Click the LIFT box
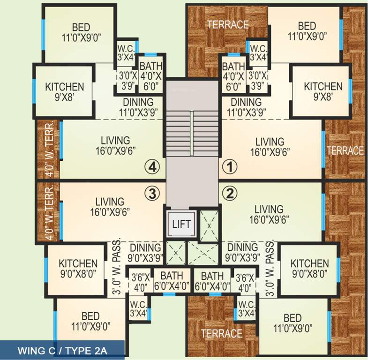click(181, 224)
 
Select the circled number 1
click(230, 166)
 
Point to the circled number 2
click(230, 192)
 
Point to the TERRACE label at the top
click(228, 24)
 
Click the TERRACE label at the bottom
click(222, 334)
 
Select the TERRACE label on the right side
click(345, 150)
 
